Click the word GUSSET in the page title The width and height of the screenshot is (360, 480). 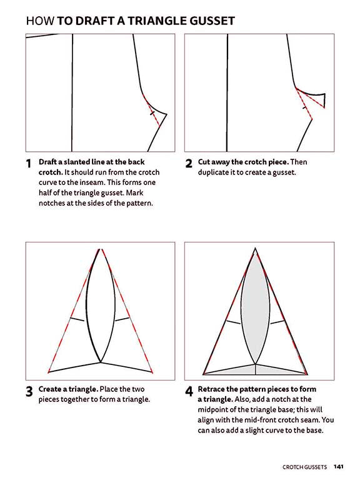coord(211,21)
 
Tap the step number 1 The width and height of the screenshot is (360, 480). coord(29,164)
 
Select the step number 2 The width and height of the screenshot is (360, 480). coord(188,164)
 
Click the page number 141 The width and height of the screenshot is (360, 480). coord(338,466)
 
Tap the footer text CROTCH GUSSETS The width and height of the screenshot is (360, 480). coord(304,466)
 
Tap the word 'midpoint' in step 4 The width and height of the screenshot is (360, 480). coord(214,409)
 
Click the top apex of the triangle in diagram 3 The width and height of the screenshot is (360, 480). coord(99,249)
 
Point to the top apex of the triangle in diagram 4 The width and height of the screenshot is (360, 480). coord(255,249)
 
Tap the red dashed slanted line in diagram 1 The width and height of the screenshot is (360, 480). coord(151,107)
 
